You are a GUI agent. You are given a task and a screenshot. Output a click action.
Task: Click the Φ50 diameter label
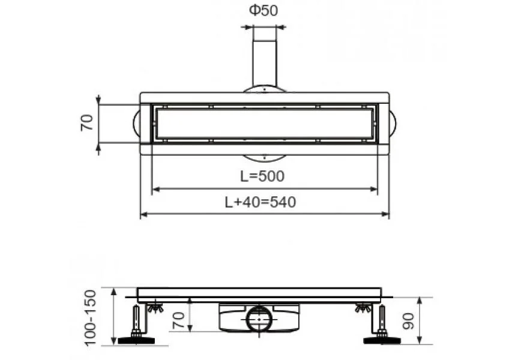(x=264, y=11)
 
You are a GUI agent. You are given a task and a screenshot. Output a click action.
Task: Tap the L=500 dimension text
(x=262, y=176)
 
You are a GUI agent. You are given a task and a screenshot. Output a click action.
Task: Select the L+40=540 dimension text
(x=261, y=202)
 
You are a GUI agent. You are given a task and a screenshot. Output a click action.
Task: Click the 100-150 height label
(x=91, y=317)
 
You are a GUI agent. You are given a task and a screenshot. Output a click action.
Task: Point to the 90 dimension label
(x=408, y=321)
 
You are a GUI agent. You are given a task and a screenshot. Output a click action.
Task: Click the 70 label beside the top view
(x=87, y=123)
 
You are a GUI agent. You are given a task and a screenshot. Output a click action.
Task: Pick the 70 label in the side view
(x=178, y=320)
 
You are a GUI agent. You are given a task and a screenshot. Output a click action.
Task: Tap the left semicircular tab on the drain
(x=137, y=124)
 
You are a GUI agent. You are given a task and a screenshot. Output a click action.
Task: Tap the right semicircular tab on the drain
(x=393, y=124)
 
